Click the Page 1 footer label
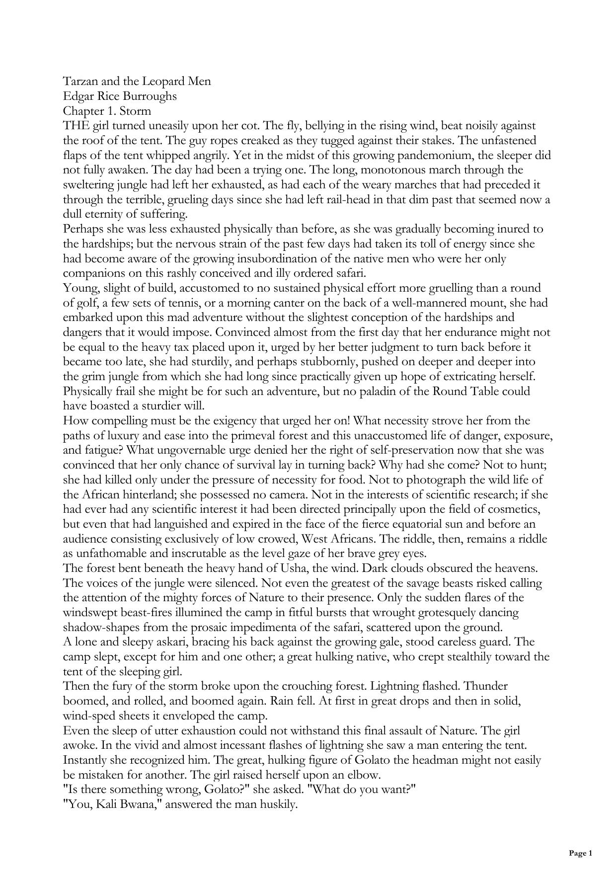tap(580, 853)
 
